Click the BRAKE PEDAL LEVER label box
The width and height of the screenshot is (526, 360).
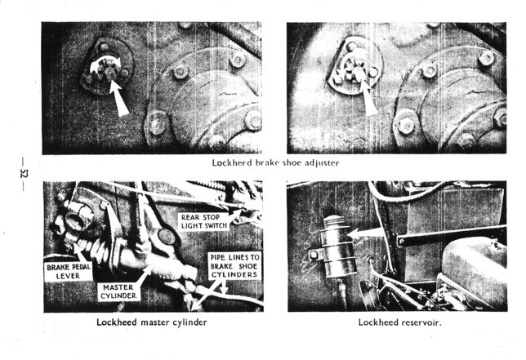(68, 272)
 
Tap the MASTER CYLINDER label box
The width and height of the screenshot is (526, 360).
(118, 291)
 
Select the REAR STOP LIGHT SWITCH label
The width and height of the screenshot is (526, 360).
(204, 221)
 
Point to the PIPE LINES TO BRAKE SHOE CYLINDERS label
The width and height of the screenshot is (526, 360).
(234, 266)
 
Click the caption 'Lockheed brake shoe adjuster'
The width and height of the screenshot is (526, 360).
(275, 163)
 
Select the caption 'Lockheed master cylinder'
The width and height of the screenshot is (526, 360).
(152, 322)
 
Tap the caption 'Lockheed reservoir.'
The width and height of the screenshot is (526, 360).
(400, 322)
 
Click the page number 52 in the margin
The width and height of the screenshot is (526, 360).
(25, 174)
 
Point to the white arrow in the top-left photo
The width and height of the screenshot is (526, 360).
(119, 98)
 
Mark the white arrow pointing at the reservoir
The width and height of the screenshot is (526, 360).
(366, 233)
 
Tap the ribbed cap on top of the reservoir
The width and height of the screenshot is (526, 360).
(333, 221)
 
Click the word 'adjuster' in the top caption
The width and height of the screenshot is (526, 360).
(322, 163)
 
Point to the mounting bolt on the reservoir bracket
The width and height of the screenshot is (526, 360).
(314, 256)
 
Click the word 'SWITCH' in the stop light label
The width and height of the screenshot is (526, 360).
(216, 225)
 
